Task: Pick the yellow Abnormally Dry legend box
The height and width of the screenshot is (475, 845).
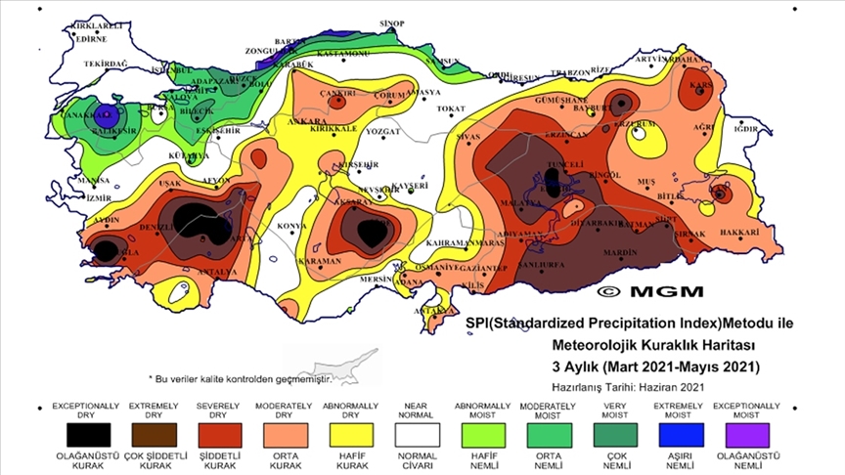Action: click(336, 432)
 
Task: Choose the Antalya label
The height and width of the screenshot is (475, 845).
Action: click(217, 271)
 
